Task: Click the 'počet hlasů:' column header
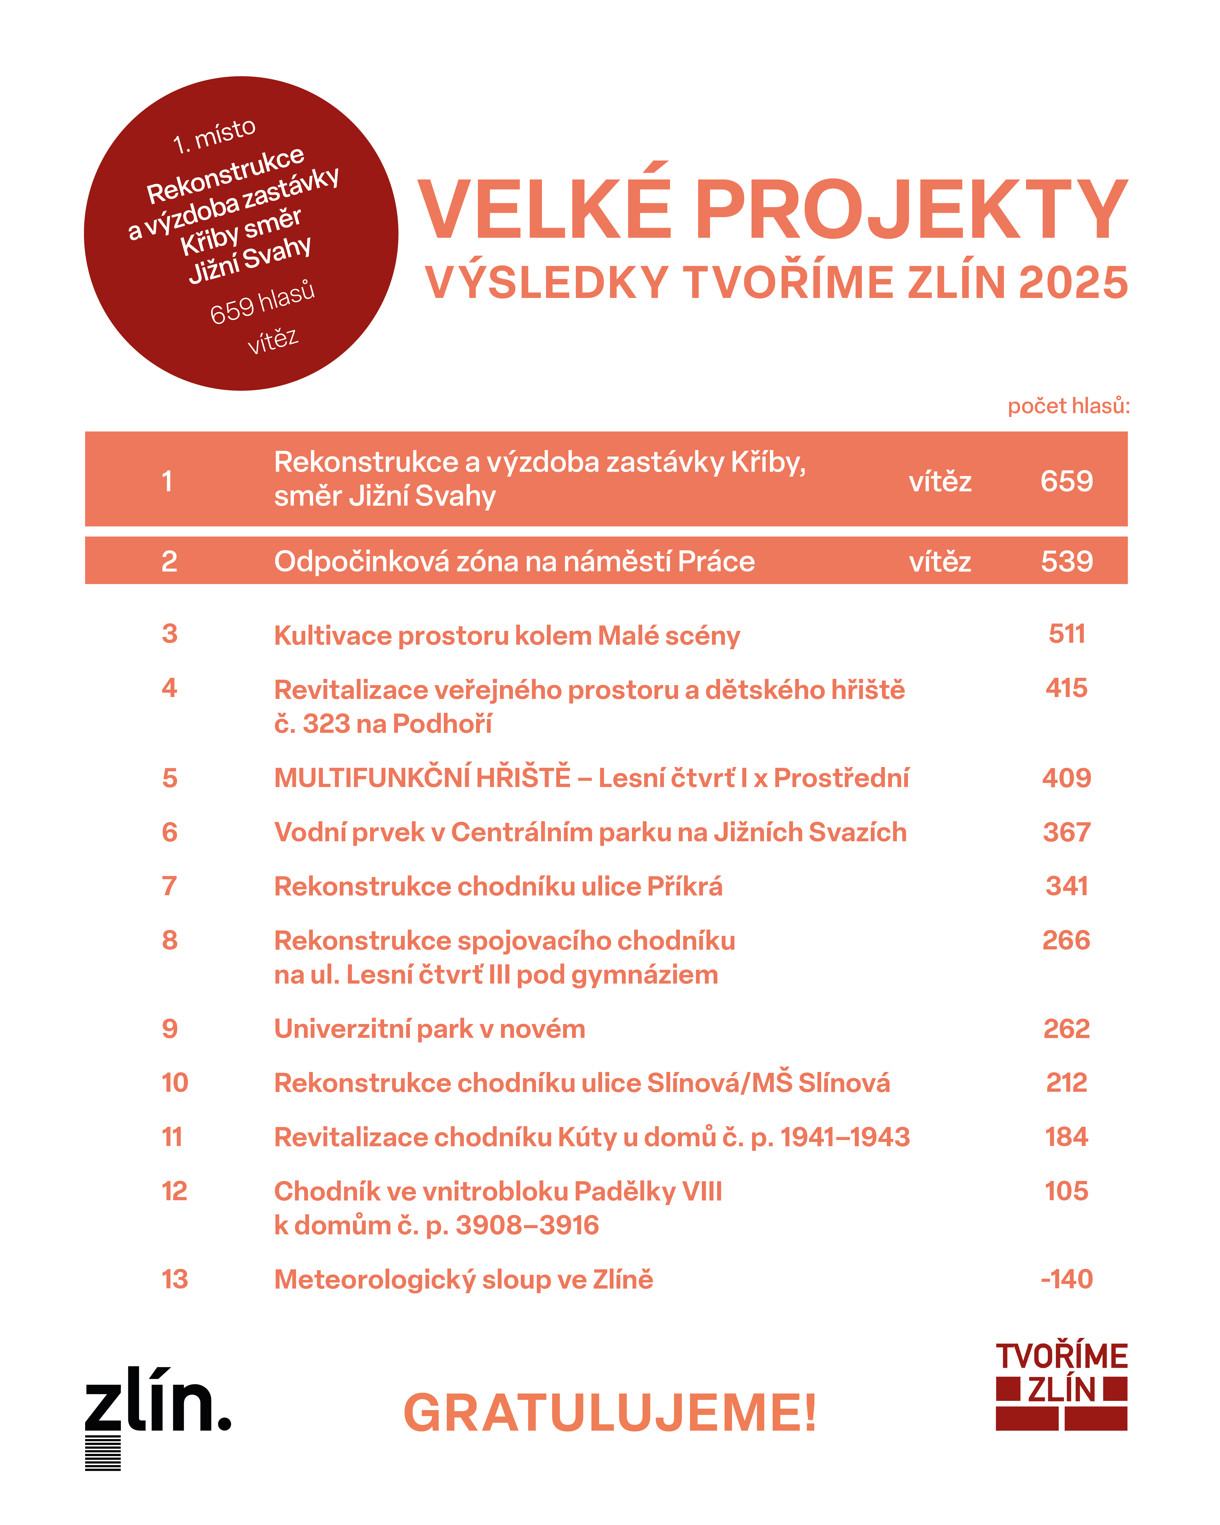pyautogui.click(x=1068, y=406)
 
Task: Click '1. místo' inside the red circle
pyautogui.click(x=214, y=135)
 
